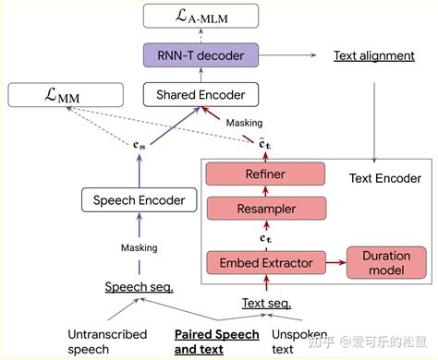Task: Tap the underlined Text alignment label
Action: point(374,56)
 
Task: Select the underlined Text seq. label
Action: point(266,302)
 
